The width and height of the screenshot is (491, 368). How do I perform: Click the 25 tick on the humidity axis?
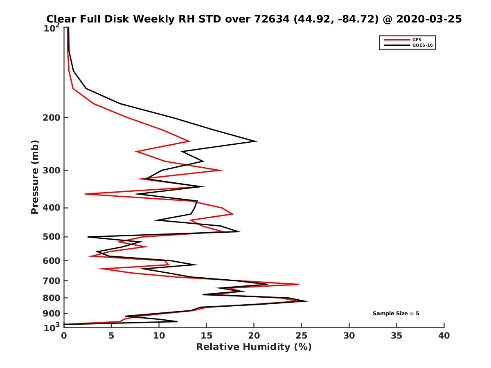pos(302,336)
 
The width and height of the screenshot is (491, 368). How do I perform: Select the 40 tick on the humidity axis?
pos(444,336)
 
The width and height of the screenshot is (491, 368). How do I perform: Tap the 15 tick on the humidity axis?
pos(207,336)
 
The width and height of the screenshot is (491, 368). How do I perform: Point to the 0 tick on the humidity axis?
pos(64,336)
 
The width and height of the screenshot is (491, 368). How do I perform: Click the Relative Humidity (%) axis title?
pos(254,347)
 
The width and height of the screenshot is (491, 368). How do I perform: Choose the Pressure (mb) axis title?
pos(35,177)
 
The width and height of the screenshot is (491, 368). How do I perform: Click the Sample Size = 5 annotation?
pos(396,314)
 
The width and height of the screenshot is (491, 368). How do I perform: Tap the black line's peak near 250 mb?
pos(256,141)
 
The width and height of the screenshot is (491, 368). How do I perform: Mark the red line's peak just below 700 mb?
pos(299,284)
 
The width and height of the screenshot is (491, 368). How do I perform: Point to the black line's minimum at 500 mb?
pos(88,237)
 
